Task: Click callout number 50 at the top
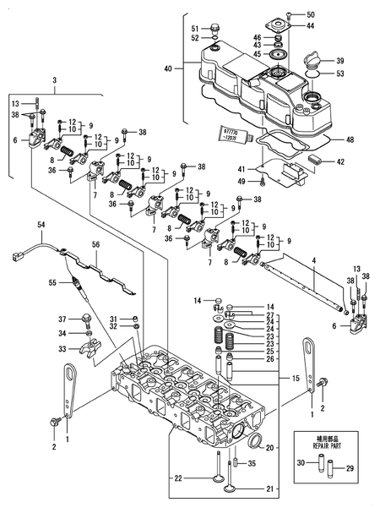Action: [310, 15]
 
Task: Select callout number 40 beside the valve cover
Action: [167, 68]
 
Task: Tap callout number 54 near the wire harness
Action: [42, 225]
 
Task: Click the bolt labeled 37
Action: [87, 320]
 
